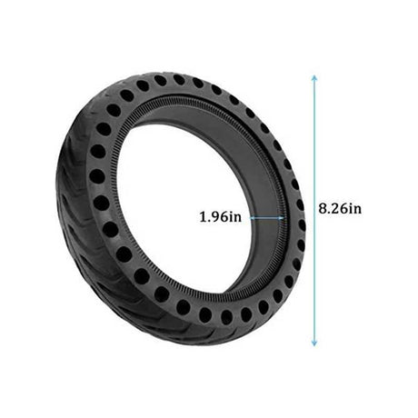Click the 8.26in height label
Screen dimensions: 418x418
pos(340,208)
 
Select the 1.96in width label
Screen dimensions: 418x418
pos(220,217)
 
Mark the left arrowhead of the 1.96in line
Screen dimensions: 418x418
pos(252,217)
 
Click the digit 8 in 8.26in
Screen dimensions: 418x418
pos(323,208)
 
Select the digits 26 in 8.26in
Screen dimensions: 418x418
pos(337,208)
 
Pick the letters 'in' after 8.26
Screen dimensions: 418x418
pos(353,208)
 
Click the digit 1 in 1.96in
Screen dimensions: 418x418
pos(203,217)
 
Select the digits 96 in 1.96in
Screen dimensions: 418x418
pos(217,217)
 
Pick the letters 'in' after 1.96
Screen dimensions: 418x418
pos(234,217)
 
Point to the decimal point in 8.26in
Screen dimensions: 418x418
pos(328,212)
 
